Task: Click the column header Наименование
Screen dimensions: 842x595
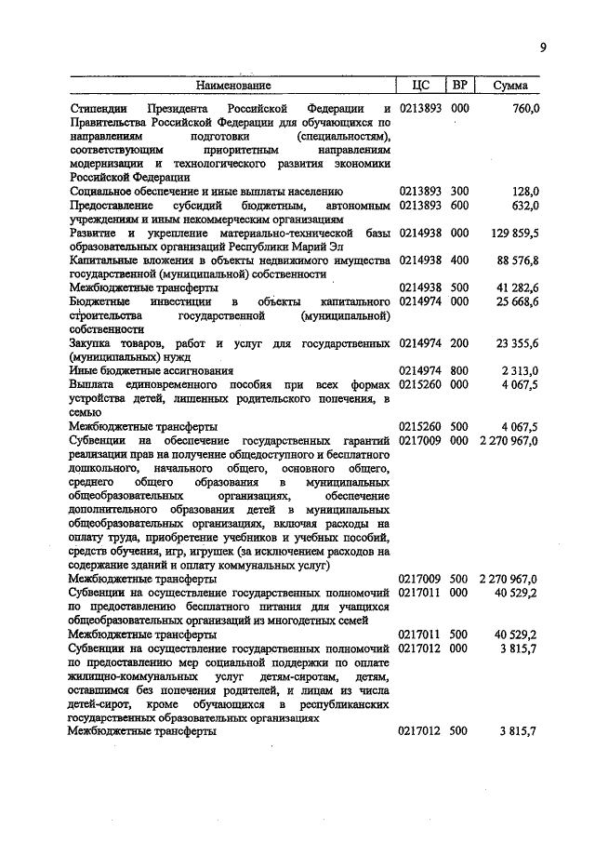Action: (232, 86)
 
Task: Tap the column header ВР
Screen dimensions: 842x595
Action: (459, 86)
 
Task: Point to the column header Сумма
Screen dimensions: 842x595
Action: (510, 86)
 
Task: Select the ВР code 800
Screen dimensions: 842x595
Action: (459, 370)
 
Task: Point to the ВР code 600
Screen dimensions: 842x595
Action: (459, 205)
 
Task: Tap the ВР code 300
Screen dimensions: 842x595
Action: (459, 191)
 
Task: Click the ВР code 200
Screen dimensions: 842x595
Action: (459, 342)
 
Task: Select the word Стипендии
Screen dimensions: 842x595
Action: (99, 109)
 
